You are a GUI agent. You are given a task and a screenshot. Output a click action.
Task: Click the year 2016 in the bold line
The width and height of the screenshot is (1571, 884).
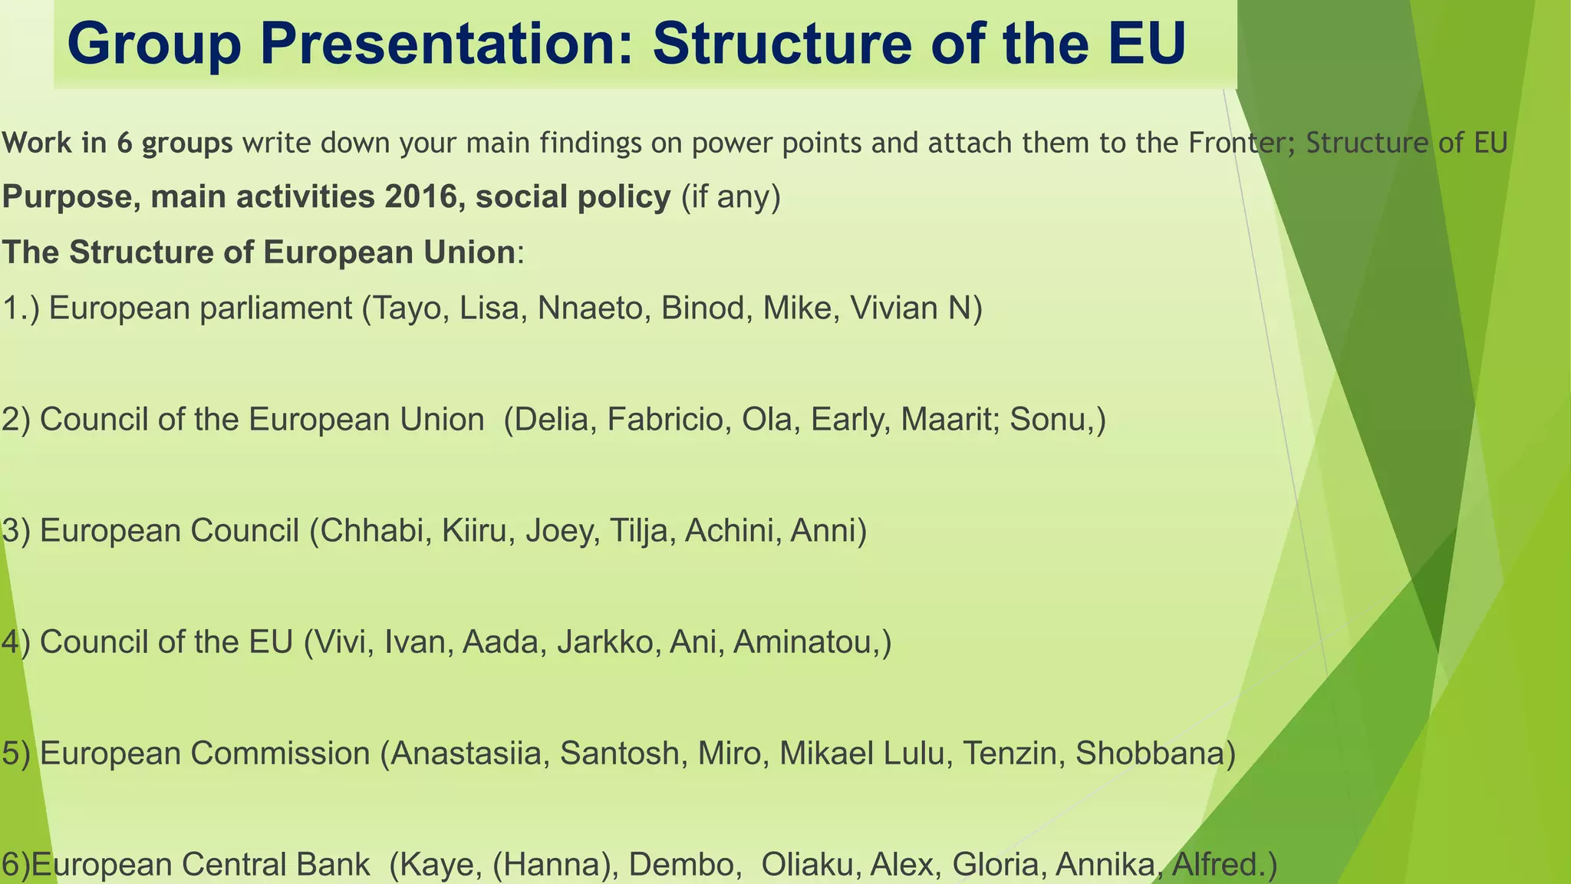coord(423,197)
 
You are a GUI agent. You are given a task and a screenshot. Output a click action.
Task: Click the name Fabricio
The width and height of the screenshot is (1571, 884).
coord(665,420)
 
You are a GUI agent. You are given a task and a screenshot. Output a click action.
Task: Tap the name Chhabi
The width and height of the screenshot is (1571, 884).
coord(371,531)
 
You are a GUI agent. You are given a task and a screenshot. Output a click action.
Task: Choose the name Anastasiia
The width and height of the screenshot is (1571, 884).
coord(469,754)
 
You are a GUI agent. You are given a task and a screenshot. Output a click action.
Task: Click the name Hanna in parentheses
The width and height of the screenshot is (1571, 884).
coord(552,865)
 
